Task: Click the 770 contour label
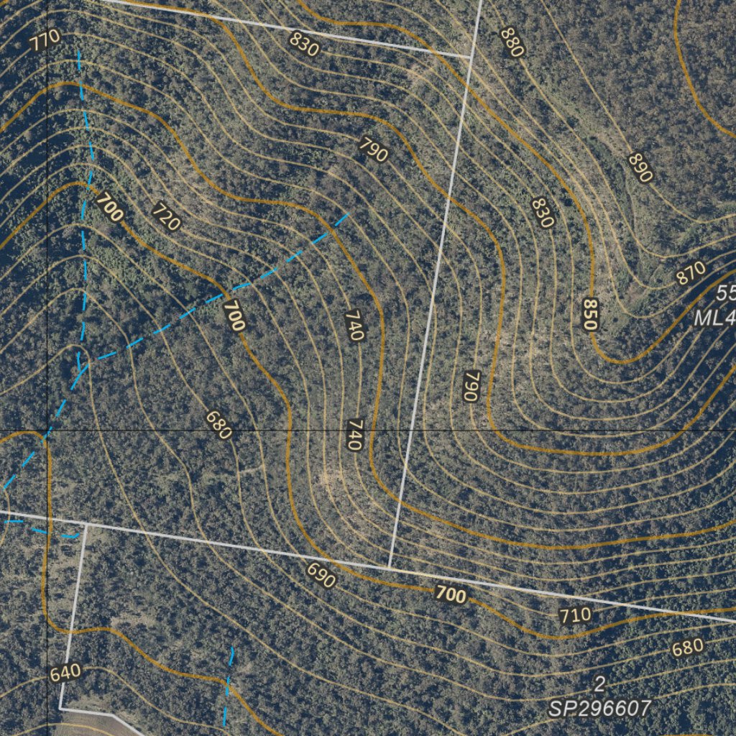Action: [45, 40]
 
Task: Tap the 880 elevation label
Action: [512, 42]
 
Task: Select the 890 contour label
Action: [640, 167]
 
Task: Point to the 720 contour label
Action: [166, 216]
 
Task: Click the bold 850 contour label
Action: [590, 314]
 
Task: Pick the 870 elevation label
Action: [691, 274]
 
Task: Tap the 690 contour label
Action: [321, 575]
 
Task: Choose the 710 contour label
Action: [575, 615]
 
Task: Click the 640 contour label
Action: [65, 673]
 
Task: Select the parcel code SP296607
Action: [599, 709]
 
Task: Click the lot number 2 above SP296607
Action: [599, 682]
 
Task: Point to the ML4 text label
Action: [714, 318]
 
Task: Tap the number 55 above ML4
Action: [726, 293]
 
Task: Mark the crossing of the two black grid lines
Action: [47, 431]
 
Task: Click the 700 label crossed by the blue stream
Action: [234, 316]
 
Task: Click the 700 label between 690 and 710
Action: [451, 594]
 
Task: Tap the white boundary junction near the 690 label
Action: [389, 569]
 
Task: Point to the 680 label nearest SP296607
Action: [687, 648]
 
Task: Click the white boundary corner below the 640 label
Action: [60, 709]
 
